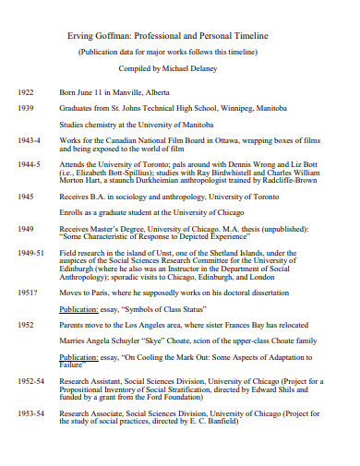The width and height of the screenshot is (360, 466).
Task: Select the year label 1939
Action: [25, 107]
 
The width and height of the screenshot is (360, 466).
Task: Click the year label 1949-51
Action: [30, 251]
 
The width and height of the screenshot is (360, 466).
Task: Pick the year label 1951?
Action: [28, 293]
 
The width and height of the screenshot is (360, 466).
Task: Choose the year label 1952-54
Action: [30, 380]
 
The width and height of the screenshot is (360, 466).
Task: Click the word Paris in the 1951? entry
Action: [102, 293]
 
